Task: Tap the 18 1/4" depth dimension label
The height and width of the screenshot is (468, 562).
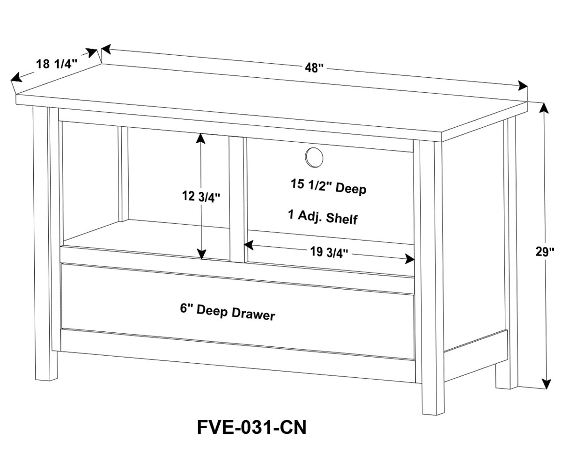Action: point(57,64)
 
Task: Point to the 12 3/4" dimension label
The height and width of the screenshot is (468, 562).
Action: point(201,197)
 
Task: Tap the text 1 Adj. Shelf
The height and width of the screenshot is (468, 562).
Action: point(323,217)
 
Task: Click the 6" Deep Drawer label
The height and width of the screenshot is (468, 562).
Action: point(227,312)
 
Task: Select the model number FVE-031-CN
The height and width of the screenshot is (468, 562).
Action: point(251,427)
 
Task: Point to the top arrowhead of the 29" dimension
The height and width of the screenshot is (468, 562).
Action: point(543,108)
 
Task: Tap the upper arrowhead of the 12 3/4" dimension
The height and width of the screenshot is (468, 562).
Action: point(201,138)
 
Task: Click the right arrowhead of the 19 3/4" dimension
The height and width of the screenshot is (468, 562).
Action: point(410,258)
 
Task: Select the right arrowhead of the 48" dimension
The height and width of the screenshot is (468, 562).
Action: point(523,87)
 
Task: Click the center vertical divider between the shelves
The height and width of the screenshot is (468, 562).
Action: point(237,199)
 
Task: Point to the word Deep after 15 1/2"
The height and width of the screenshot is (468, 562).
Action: point(350,189)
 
